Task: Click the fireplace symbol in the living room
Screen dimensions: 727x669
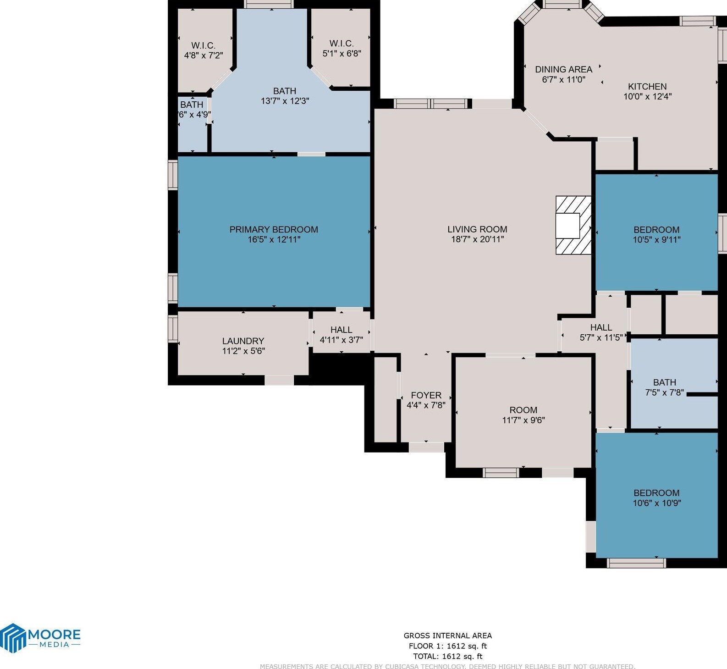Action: pyautogui.click(x=573, y=225)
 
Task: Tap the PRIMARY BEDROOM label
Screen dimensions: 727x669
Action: pyautogui.click(x=274, y=229)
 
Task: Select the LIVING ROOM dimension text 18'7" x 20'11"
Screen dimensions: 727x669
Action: pyautogui.click(x=477, y=239)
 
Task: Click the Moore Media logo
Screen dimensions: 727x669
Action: pyautogui.click(x=40, y=637)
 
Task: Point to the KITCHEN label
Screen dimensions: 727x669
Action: pyautogui.click(x=647, y=86)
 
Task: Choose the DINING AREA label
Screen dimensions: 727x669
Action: pyautogui.click(x=563, y=69)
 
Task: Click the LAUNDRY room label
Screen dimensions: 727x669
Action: pyautogui.click(x=243, y=341)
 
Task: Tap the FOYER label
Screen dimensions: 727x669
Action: pyautogui.click(x=426, y=395)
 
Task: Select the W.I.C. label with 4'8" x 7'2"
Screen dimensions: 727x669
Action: pyautogui.click(x=203, y=45)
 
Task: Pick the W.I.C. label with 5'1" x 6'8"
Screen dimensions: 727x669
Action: pyautogui.click(x=341, y=44)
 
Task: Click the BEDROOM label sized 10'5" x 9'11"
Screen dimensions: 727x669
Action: pyautogui.click(x=656, y=230)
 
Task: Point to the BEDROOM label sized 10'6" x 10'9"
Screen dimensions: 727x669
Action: pyautogui.click(x=656, y=493)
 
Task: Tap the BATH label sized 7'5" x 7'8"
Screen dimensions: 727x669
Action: pyautogui.click(x=664, y=382)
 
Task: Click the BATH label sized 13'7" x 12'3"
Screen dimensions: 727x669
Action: pyautogui.click(x=285, y=91)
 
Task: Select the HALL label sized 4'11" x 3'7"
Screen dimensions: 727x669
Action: pyautogui.click(x=341, y=330)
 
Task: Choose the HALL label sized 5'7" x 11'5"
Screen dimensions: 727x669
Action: pyautogui.click(x=601, y=327)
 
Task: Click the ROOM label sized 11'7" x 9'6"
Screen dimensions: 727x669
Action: pyautogui.click(x=523, y=410)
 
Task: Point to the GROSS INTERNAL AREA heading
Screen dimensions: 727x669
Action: pyautogui.click(x=447, y=636)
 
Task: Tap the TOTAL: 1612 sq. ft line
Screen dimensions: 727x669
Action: pyautogui.click(x=447, y=656)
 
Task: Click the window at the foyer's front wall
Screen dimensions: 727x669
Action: pyautogui.click(x=426, y=447)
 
